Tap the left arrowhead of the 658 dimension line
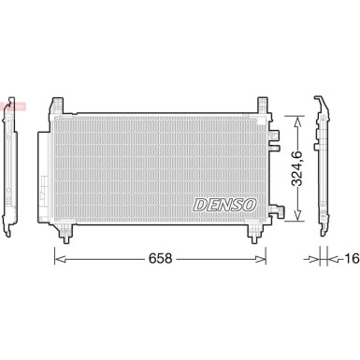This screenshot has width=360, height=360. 57,254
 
